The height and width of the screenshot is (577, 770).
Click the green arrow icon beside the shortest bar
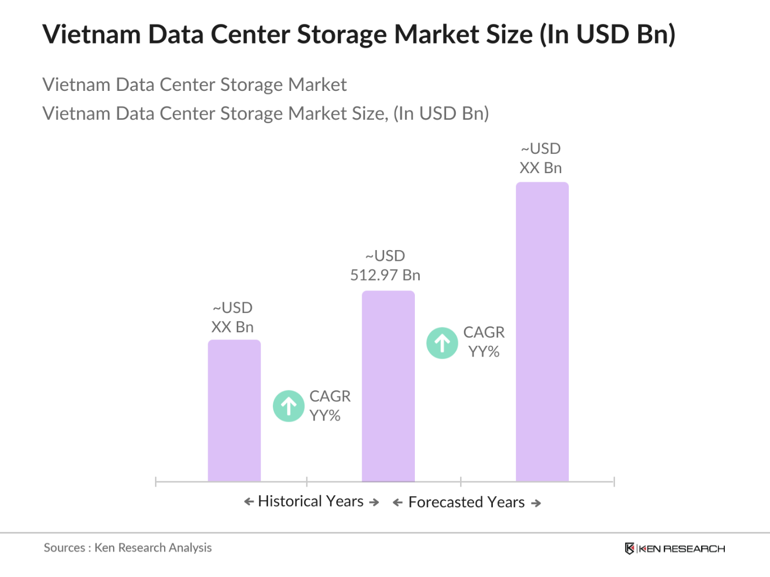[x=289, y=406]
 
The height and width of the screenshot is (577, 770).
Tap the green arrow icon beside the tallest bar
[x=442, y=343]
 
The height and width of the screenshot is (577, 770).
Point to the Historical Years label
[x=311, y=501]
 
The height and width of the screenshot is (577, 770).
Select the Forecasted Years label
[x=467, y=502]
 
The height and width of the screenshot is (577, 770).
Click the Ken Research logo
[x=675, y=548]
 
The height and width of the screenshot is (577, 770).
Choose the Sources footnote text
[x=128, y=547]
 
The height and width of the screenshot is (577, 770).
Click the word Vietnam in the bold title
[x=91, y=34]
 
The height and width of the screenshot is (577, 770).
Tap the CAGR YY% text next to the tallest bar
[x=484, y=342]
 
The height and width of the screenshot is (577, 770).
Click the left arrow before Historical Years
[x=249, y=502]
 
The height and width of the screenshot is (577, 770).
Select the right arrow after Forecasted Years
[x=536, y=503]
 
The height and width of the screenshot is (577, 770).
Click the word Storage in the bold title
[x=342, y=34]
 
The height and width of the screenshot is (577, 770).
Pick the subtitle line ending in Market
[x=194, y=84]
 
